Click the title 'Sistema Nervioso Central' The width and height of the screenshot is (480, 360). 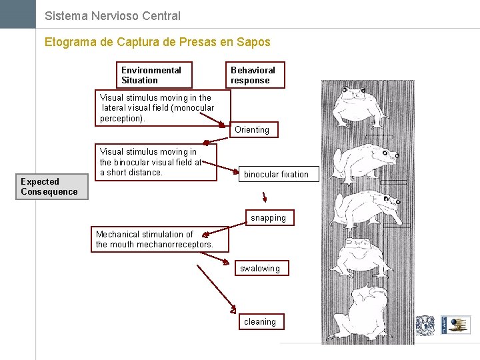point(112,15)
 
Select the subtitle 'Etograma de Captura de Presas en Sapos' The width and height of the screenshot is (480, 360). point(157,42)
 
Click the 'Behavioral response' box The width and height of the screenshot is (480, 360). point(255,75)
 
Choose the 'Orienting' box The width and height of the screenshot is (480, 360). point(252,129)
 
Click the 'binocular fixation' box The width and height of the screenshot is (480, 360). point(276,175)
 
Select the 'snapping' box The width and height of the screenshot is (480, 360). point(268,218)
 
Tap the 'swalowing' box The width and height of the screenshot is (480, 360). point(260,269)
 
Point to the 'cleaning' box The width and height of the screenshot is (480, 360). point(260,322)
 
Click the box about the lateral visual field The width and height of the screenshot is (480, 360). point(163,108)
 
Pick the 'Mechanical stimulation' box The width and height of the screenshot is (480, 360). point(160,239)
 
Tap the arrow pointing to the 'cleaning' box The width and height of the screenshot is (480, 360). point(216,289)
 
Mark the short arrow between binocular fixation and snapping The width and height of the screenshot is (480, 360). point(265,197)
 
